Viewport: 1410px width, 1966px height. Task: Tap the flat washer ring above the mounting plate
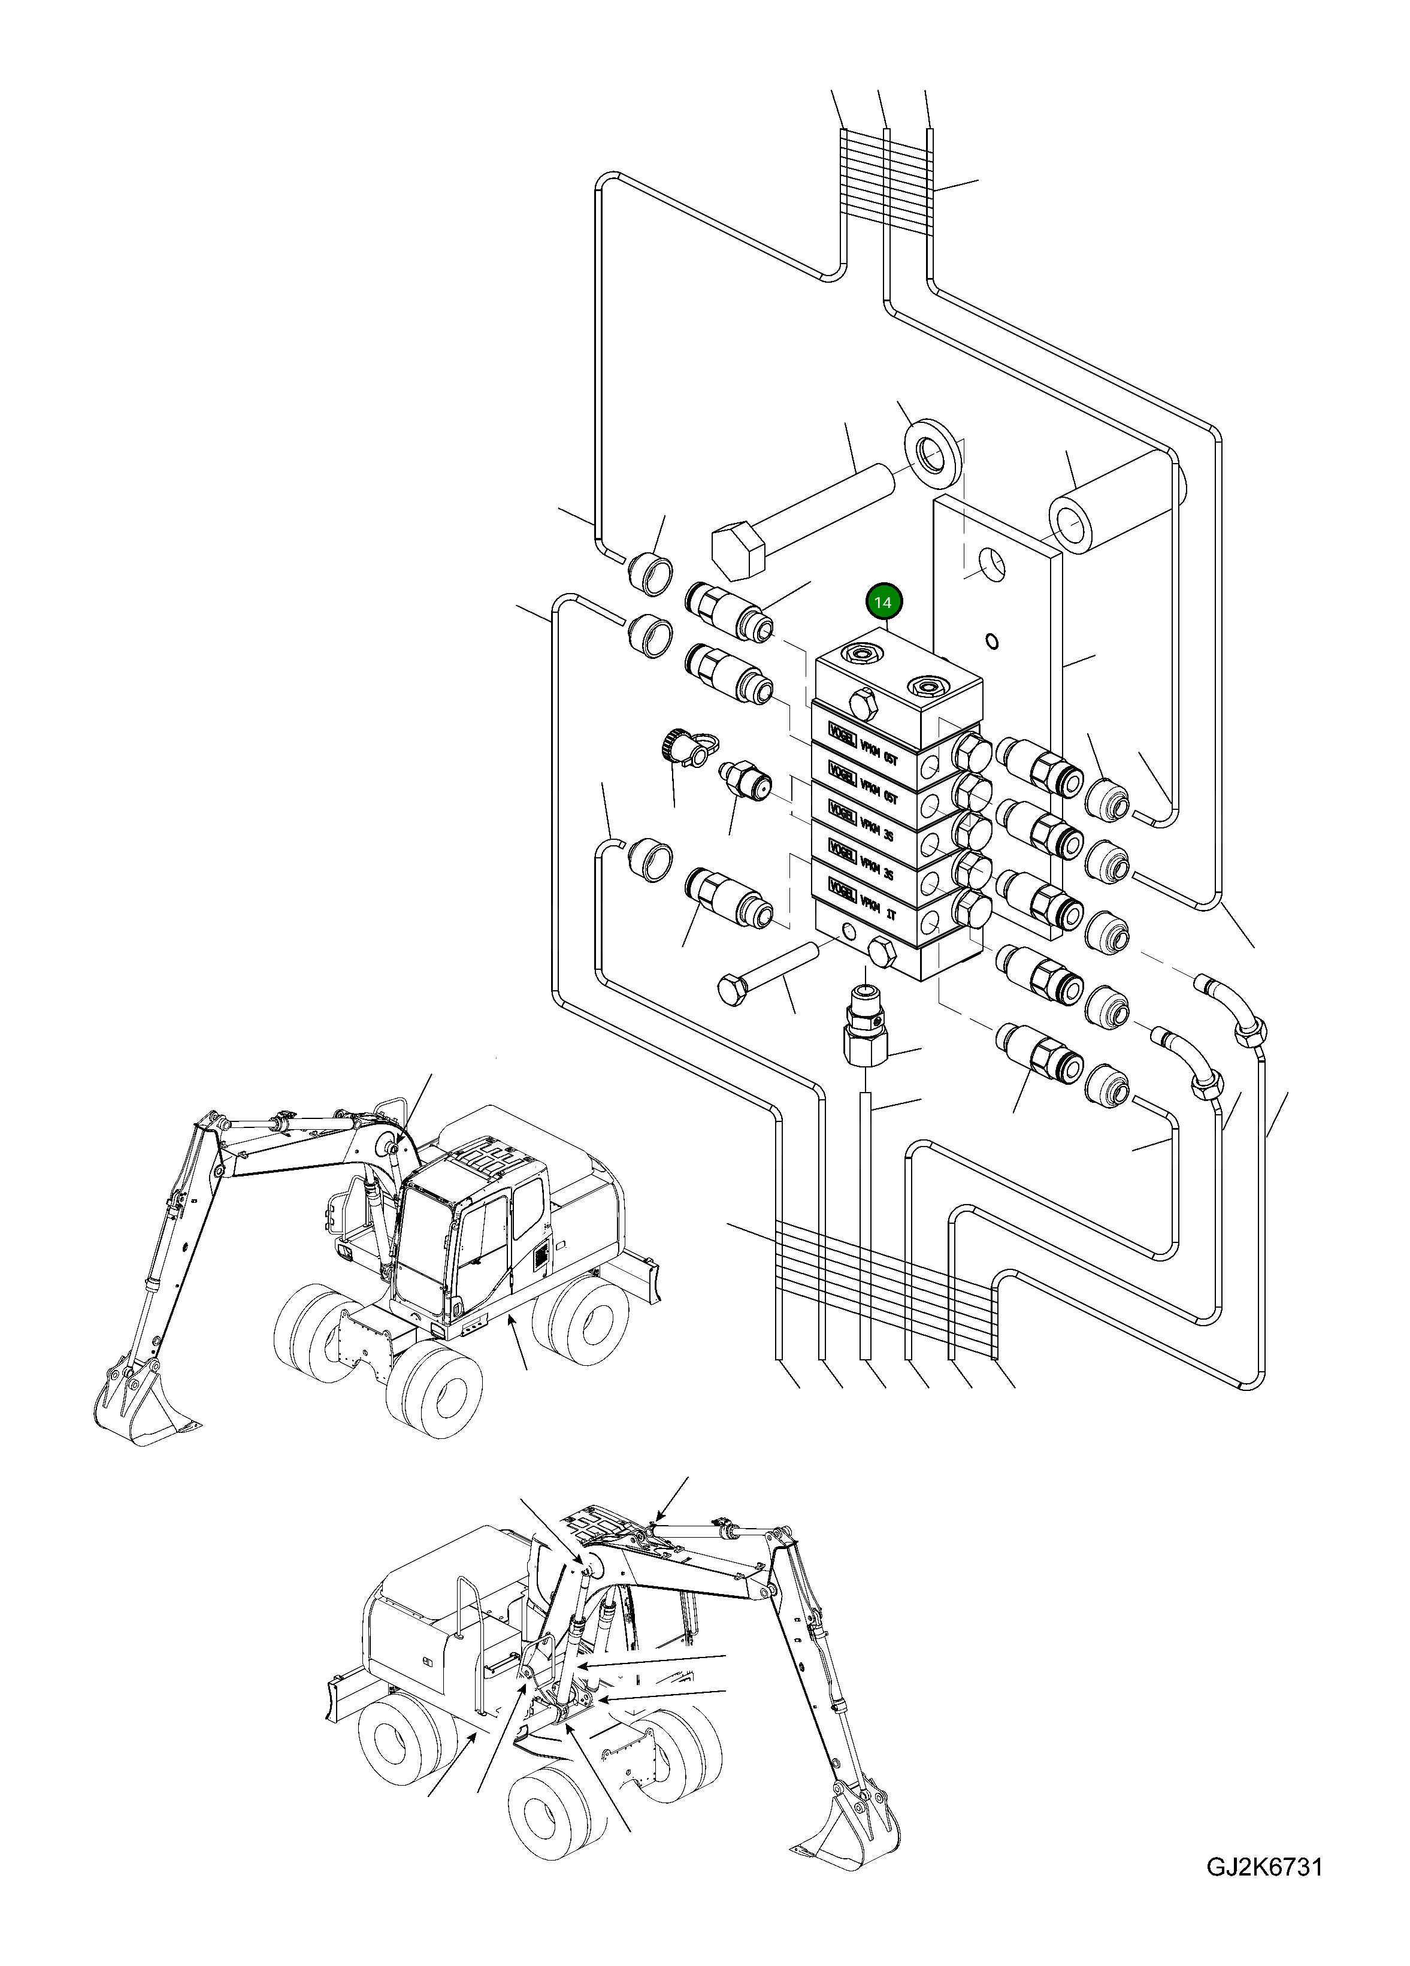[x=933, y=456]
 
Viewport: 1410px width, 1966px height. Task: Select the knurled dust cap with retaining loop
[x=677, y=744]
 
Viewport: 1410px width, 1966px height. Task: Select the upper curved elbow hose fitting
[x=1236, y=1008]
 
